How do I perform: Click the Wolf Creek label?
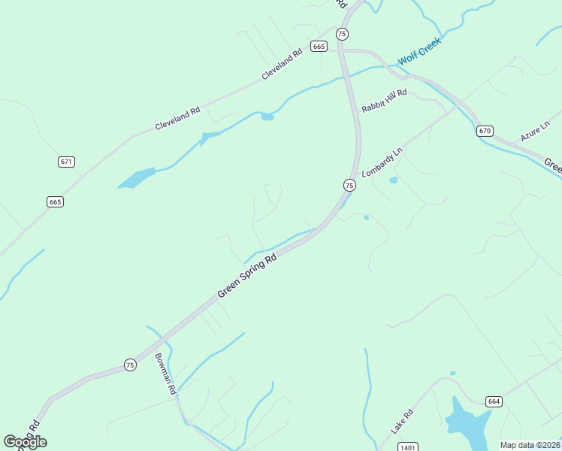(418, 50)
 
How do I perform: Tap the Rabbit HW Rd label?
(383, 99)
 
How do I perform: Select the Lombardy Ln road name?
(382, 162)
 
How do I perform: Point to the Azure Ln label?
(536, 132)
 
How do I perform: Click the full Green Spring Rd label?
(247, 274)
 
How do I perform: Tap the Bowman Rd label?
(165, 374)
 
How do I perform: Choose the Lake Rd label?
(402, 422)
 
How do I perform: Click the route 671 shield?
(66, 162)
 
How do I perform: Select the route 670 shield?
(485, 131)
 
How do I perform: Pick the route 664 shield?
(493, 401)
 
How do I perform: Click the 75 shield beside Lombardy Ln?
(349, 185)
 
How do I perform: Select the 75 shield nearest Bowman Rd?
(131, 365)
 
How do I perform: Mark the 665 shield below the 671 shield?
(55, 201)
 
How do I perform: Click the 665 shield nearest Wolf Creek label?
(319, 47)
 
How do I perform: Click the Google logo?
(25, 442)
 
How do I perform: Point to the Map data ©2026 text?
(530, 445)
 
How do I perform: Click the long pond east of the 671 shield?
(137, 178)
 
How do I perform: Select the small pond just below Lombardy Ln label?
(393, 180)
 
